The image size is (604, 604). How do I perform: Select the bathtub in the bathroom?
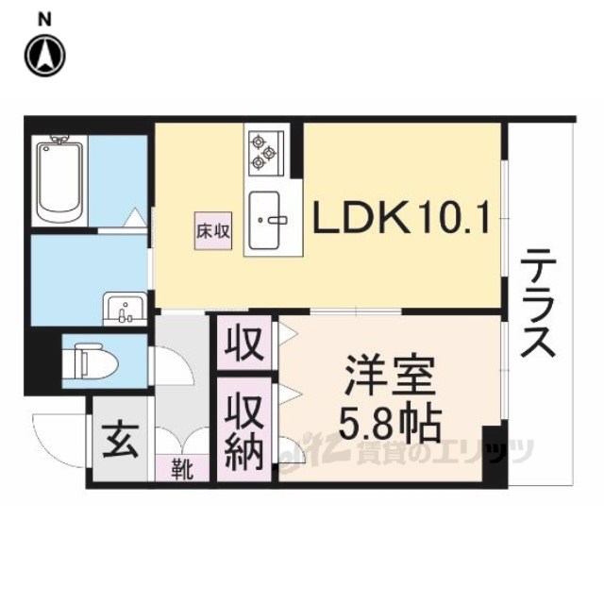59,178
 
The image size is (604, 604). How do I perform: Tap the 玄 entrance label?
116,438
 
